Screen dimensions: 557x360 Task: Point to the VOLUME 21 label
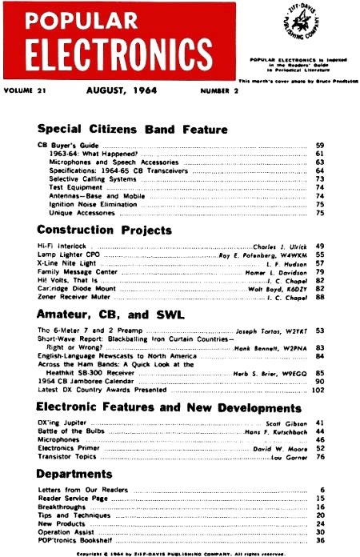point(27,90)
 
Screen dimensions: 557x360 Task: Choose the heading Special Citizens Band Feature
point(133,129)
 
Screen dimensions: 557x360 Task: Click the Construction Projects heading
point(105,230)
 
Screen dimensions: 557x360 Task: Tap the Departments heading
point(79,473)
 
